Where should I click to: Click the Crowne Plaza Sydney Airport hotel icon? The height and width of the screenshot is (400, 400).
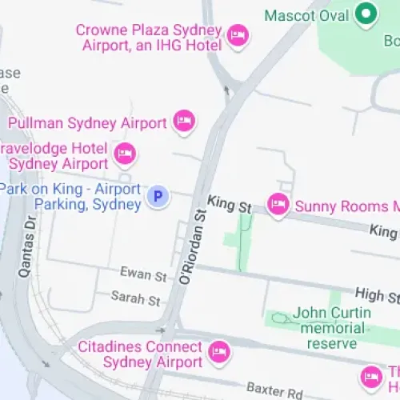[238, 35]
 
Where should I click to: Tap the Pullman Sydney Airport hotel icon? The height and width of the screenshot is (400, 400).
[185, 122]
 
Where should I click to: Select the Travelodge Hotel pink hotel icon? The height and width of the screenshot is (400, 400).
[124, 153]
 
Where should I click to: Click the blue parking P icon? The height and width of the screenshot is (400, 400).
[158, 194]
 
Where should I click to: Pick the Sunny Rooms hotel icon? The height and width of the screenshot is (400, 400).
[278, 205]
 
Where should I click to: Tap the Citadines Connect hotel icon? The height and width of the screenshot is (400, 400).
[218, 350]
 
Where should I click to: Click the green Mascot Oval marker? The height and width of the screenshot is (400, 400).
[366, 14]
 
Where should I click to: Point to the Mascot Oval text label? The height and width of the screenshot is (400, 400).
[306, 15]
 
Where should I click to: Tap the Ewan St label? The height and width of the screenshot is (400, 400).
[143, 275]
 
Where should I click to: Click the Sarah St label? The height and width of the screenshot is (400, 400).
[136, 298]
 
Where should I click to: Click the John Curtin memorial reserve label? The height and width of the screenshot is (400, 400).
[330, 327]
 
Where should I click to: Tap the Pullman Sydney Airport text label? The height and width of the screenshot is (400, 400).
[86, 123]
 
